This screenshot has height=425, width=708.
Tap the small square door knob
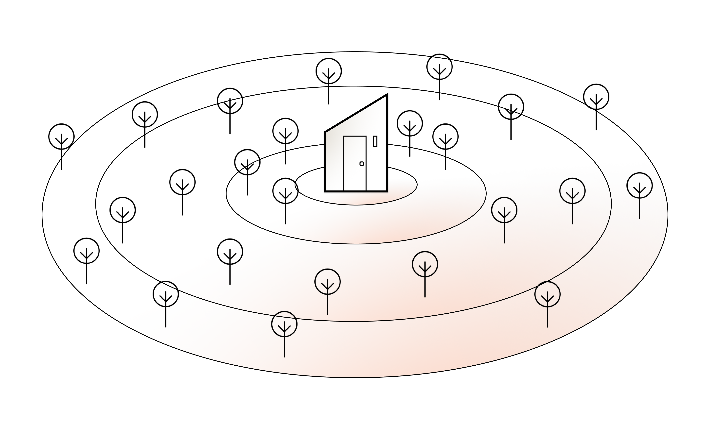[362, 164]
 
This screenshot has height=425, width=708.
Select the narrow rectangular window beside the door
[375, 141]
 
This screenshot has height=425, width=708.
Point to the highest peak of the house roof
[387, 95]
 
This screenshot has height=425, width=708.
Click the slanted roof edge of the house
[356, 113]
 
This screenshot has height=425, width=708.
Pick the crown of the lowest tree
[284, 324]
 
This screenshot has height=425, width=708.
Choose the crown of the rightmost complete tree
[639, 185]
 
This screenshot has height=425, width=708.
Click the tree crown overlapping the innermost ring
[285, 191]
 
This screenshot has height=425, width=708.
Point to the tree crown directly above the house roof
[329, 71]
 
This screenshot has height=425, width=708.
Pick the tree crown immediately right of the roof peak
[410, 123]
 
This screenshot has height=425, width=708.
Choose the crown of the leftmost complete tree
[87, 251]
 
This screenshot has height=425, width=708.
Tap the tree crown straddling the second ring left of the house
[247, 162]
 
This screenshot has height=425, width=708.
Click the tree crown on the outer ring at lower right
[547, 294]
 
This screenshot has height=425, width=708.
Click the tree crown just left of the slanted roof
[285, 131]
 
